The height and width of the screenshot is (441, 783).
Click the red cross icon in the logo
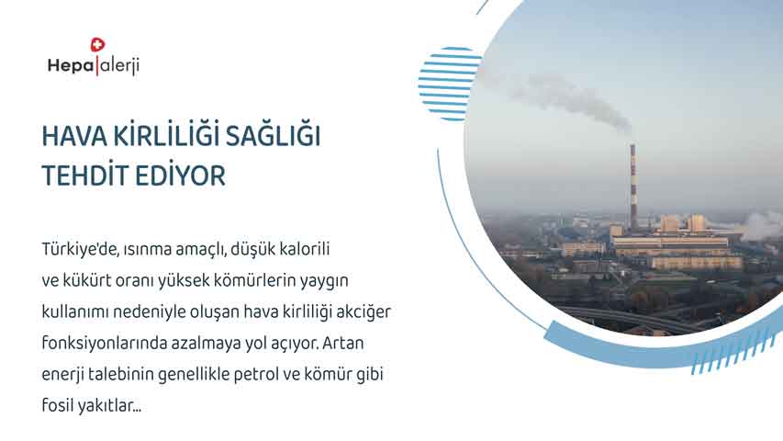(x=97, y=45)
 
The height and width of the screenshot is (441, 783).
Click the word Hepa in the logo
(x=70, y=65)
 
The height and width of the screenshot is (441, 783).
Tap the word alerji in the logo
(x=119, y=65)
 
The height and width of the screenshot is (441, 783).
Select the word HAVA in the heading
(x=74, y=136)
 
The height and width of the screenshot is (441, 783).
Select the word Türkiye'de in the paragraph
(x=80, y=249)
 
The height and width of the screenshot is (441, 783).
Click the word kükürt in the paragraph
(x=87, y=280)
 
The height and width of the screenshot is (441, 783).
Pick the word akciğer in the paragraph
(x=364, y=312)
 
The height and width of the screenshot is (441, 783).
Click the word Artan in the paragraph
(x=343, y=344)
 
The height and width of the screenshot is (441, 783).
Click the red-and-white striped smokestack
(x=633, y=187)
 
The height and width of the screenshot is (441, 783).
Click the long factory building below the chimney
(x=670, y=245)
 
